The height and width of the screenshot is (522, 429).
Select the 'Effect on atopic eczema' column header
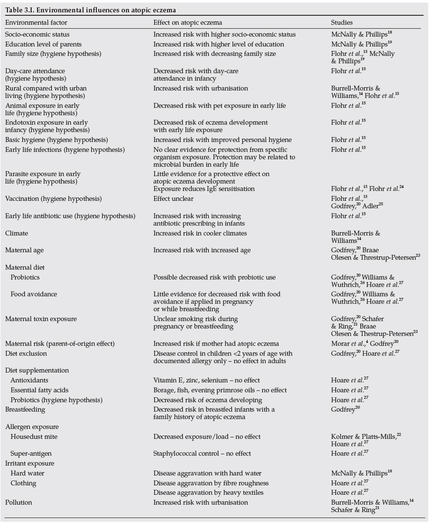click(x=187, y=22)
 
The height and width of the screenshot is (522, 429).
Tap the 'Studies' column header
click(x=342, y=22)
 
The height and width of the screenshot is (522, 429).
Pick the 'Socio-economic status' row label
click(x=37, y=35)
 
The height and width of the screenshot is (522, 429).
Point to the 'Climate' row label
click(x=16, y=233)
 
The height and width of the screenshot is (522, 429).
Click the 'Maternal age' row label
click(x=25, y=250)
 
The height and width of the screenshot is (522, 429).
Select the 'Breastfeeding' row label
click(x=25, y=410)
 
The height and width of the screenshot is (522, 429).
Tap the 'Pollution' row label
click(x=18, y=502)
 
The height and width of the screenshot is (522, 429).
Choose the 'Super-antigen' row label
click(x=31, y=453)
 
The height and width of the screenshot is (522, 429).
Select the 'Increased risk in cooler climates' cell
click(x=200, y=233)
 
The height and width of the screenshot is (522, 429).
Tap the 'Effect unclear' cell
click(x=173, y=198)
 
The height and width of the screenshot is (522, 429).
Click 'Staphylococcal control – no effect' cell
click(x=202, y=453)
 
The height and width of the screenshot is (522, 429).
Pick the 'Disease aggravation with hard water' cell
click(x=207, y=473)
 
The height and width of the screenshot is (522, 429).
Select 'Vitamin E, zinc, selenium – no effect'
click(x=207, y=380)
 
